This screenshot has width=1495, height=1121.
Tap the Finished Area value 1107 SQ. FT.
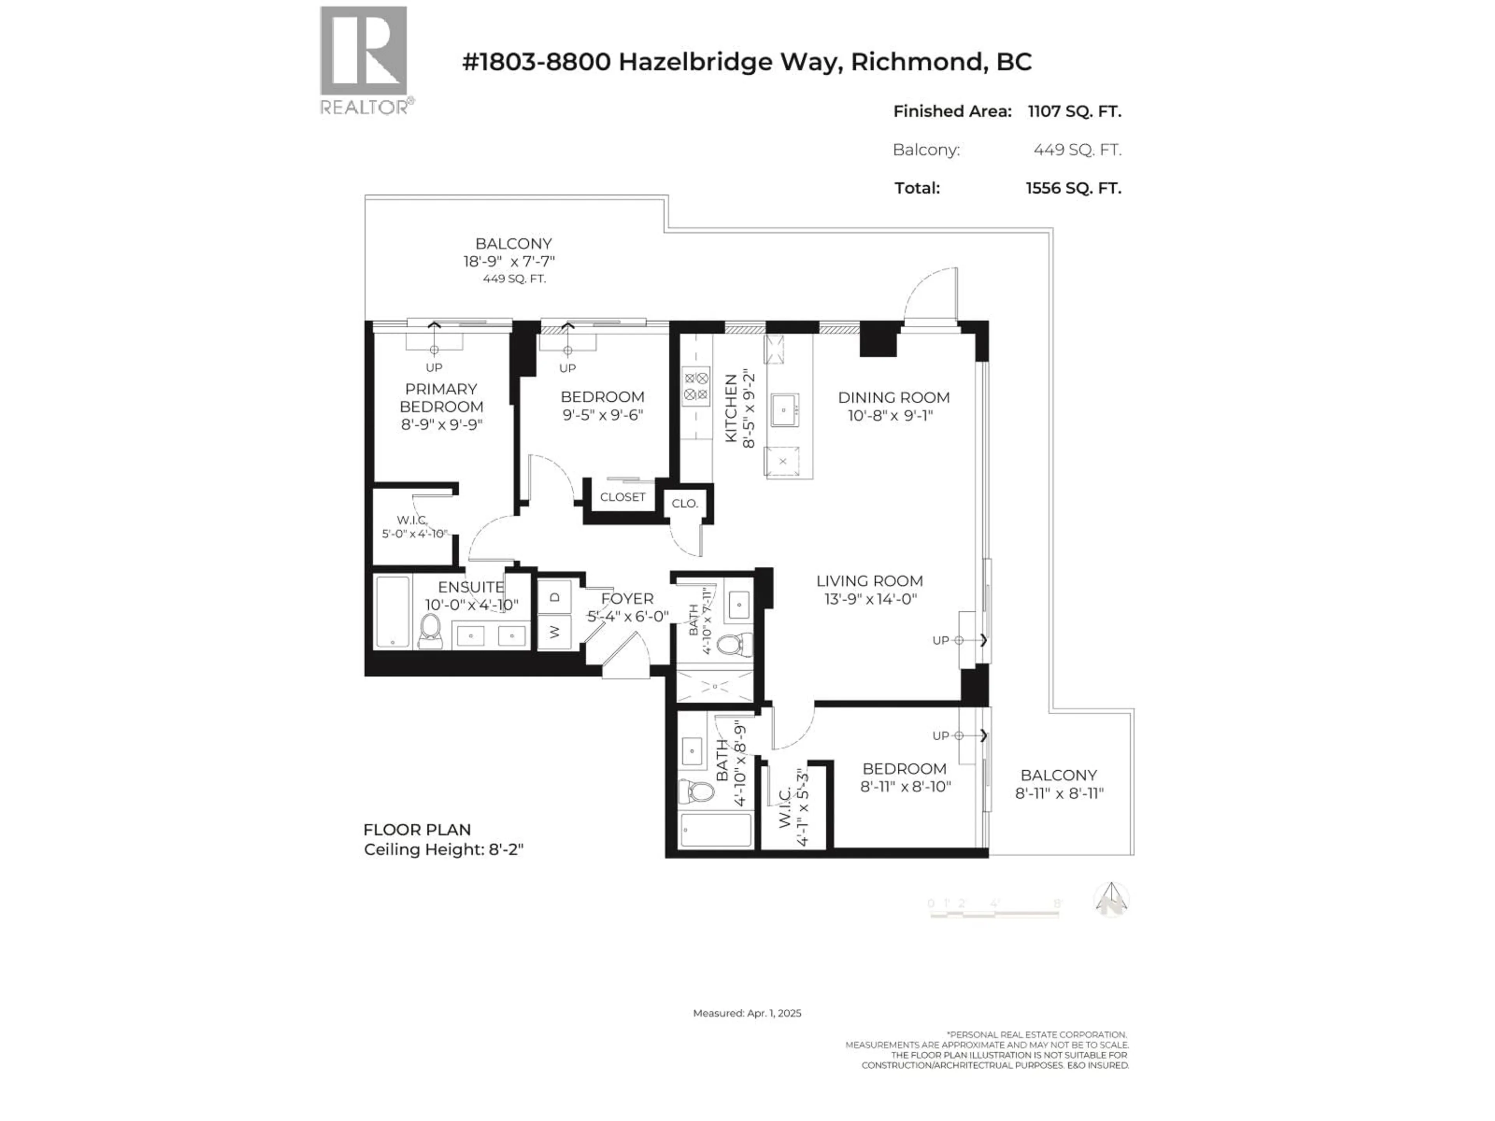click(1074, 111)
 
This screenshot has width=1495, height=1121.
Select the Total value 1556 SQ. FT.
click(1073, 188)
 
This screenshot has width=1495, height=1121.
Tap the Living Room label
click(869, 581)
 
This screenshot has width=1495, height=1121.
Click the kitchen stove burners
click(695, 386)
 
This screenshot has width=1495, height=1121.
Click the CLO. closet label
click(685, 503)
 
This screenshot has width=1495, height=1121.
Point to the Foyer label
click(627, 599)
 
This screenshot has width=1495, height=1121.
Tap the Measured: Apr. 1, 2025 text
click(747, 1013)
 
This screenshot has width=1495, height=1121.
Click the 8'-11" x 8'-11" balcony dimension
click(1059, 793)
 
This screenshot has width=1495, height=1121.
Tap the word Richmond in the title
click(915, 62)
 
